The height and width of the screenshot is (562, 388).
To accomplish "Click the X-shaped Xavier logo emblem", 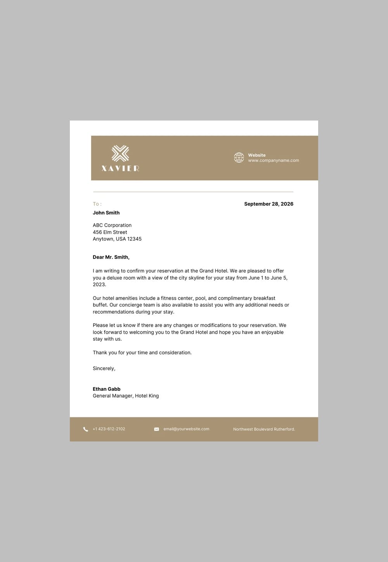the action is pos(120,153).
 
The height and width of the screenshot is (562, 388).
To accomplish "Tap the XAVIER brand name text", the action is pos(120,168).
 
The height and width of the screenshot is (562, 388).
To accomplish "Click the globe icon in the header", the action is pos(239,157).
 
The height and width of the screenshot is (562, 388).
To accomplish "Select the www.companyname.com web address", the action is pos(274,160).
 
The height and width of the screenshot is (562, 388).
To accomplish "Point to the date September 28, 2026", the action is pos(268,204).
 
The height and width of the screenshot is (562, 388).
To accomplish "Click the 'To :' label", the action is pos(97,204).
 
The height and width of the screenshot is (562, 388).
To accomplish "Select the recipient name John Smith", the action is pos(106,213).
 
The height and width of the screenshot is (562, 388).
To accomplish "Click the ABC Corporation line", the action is pos(112,225).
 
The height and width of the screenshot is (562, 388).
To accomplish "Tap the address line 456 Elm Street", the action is pos(110,232).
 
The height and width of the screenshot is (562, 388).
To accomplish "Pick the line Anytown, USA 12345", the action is pos(117,239).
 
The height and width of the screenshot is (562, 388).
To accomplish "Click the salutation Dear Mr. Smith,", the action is pos(111,257).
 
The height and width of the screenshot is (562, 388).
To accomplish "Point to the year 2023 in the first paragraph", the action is pos(99,284).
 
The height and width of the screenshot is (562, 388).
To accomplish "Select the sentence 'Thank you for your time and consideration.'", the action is pos(142,353).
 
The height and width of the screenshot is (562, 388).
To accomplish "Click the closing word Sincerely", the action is pos(104,368).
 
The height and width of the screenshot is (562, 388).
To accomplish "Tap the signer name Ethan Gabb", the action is pos(107,389).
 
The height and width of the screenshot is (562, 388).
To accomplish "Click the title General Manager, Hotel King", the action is pos(126,396).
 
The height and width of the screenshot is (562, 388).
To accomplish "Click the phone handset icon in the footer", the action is pos(86,429).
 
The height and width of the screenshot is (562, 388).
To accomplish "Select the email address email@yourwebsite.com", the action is pos(186,429).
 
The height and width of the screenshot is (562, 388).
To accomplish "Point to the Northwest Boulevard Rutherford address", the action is pos(264,429).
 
